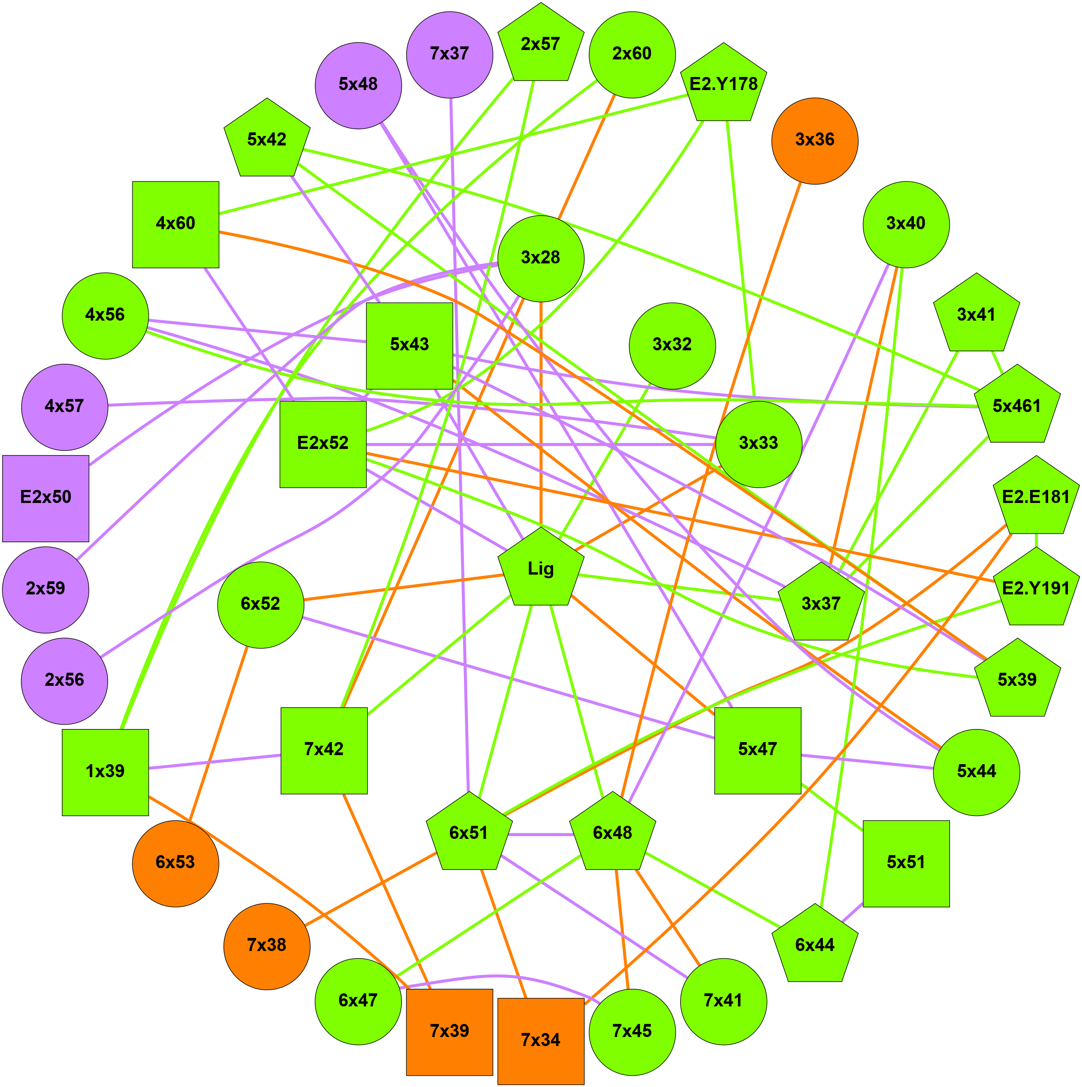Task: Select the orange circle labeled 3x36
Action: (814, 140)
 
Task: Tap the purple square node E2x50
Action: (45, 498)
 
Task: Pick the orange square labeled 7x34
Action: (541, 1041)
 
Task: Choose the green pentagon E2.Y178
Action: (723, 84)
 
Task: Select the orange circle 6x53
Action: (176, 864)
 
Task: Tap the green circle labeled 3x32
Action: (672, 345)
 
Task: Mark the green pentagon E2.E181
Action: (1036, 498)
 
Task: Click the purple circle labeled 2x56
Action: (64, 681)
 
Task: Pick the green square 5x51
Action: (906, 864)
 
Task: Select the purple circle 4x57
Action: (64, 407)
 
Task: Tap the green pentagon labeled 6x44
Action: (814, 946)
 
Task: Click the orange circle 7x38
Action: (267, 946)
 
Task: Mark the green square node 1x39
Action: (105, 772)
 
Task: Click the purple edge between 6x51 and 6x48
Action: (541, 834)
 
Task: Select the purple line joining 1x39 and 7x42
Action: (214, 762)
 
